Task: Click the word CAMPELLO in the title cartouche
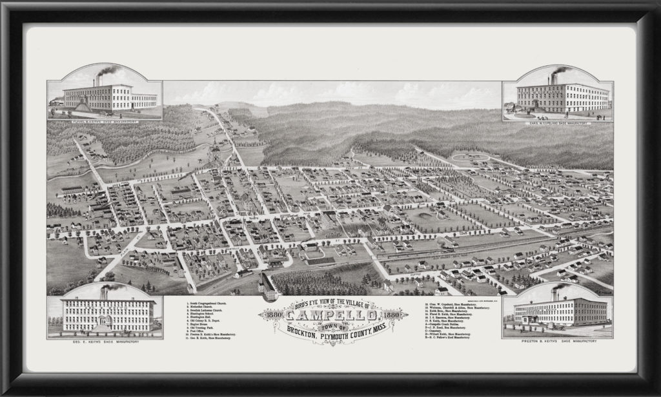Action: pyautogui.click(x=332, y=315)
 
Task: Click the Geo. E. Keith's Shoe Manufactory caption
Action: pyautogui.click(x=105, y=341)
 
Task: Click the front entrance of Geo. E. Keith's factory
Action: pyautogui.click(x=103, y=327)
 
